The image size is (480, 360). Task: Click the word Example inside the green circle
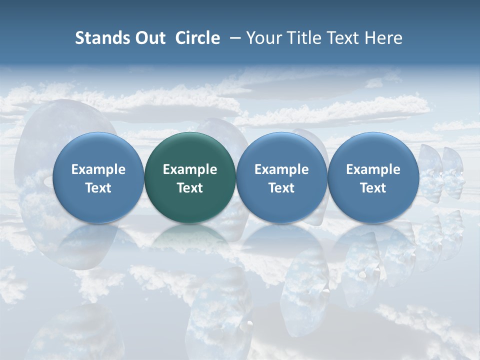(190, 169)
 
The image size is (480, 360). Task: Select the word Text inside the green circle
(190, 188)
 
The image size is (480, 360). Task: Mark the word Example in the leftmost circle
(98, 169)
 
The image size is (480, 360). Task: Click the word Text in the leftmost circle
(98, 188)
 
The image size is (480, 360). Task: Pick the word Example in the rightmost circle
(373, 169)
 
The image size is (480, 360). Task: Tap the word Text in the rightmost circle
(373, 188)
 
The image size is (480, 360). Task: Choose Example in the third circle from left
(281, 169)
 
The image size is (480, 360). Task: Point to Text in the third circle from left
(281, 188)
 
